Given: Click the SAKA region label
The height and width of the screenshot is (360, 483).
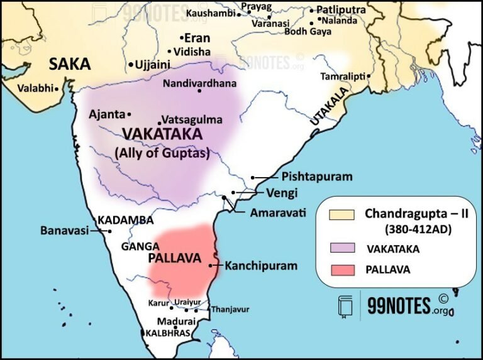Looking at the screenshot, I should click(70, 63).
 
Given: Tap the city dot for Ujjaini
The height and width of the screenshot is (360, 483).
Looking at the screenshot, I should click(131, 65).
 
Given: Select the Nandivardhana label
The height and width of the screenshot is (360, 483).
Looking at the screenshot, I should click(199, 84).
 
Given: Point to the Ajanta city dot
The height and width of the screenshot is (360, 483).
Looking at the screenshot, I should click(129, 114).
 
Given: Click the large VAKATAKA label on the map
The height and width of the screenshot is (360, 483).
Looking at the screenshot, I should click(162, 134).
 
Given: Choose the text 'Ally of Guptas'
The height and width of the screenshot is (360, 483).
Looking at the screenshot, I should click(162, 152).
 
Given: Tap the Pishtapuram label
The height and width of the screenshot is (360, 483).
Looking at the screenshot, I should click(316, 177).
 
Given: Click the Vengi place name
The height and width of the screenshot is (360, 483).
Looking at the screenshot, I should click(281, 194).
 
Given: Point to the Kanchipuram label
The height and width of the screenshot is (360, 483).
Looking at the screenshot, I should click(261, 266).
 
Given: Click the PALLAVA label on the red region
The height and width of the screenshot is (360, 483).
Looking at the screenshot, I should click(174, 258).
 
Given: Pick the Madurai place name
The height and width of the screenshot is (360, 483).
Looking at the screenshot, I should click(162, 320).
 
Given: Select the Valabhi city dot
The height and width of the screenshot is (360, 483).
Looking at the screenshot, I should click(57, 89).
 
